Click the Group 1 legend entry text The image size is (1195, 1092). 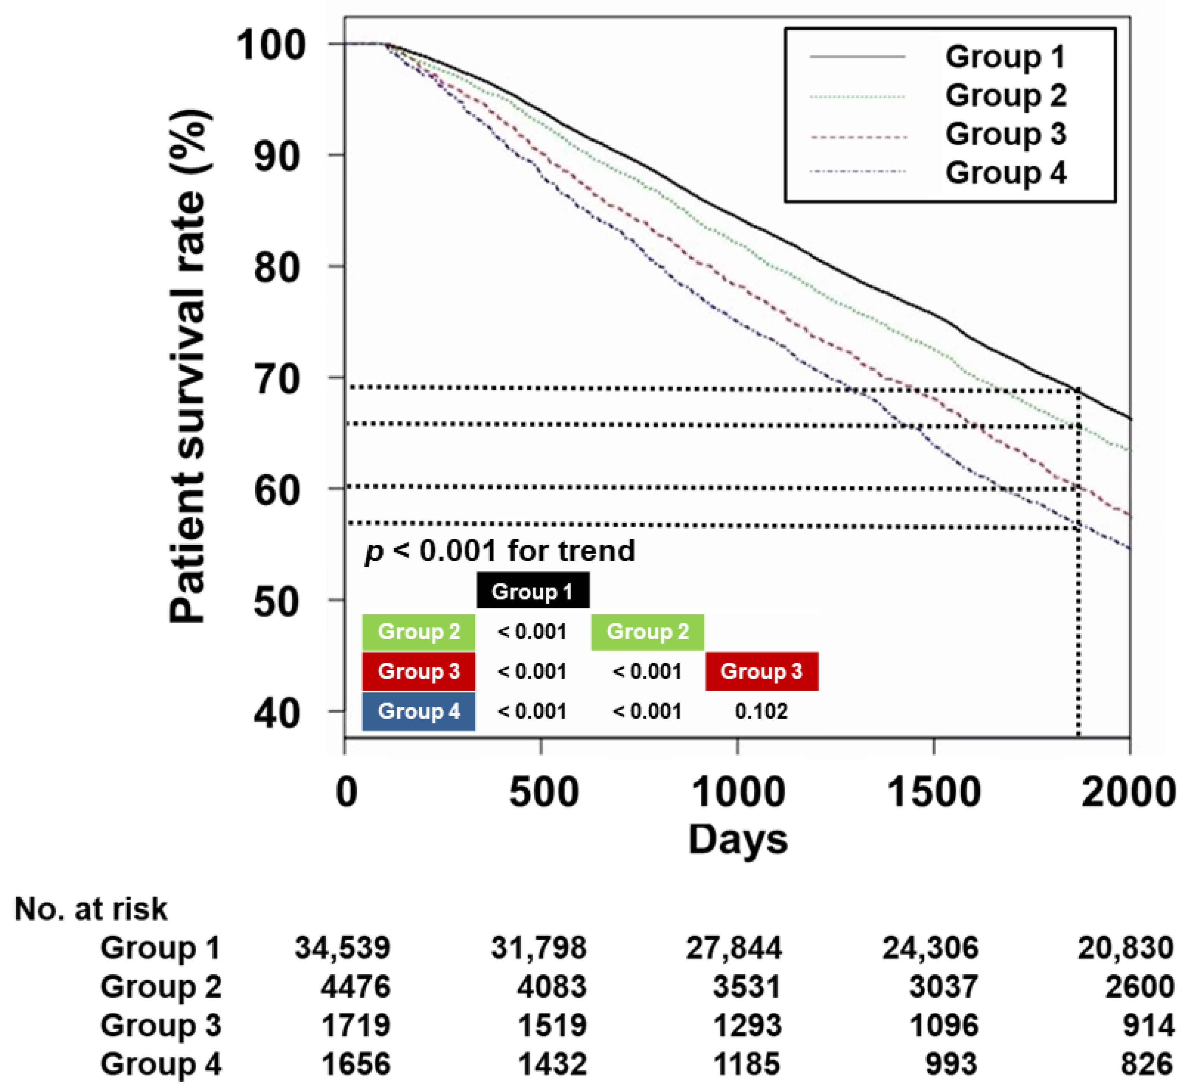1005,57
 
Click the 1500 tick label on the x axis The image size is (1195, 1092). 934,792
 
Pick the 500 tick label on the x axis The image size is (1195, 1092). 543,792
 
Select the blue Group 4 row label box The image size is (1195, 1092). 418,711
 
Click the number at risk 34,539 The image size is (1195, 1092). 343,948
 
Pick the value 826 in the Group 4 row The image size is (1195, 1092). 1147,1064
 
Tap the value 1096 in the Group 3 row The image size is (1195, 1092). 944,1026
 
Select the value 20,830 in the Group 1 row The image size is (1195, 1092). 1125,948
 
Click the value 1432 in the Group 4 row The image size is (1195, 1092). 552,1064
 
